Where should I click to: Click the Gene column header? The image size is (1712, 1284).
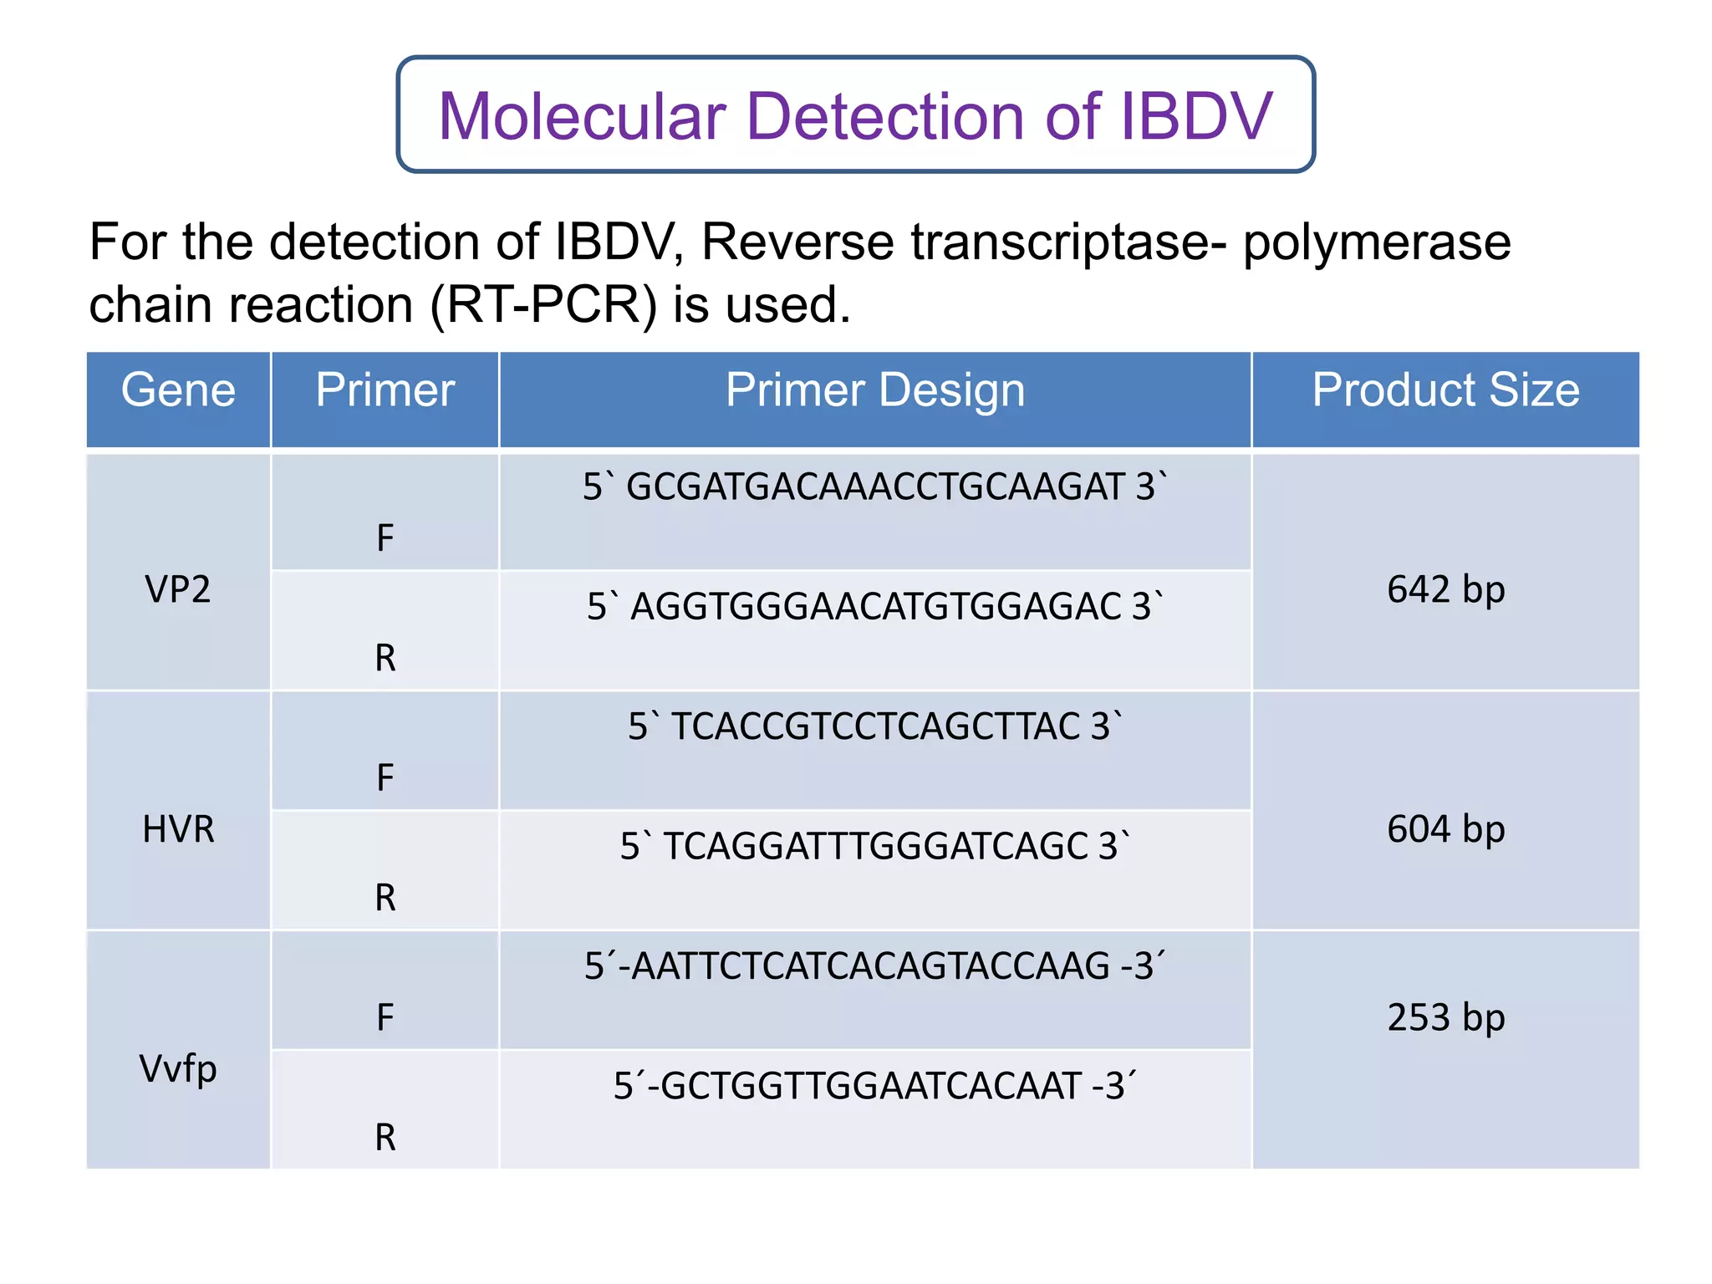[x=178, y=390]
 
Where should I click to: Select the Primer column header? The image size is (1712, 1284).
[x=385, y=390]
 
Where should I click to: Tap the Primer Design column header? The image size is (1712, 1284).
[x=874, y=390]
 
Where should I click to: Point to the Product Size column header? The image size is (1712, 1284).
[x=1445, y=390]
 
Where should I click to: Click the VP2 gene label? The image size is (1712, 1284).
[x=178, y=590]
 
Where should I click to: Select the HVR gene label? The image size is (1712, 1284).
[x=178, y=829]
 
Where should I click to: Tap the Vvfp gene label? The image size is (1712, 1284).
[x=178, y=1069]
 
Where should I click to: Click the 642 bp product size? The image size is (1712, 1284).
[x=1445, y=590]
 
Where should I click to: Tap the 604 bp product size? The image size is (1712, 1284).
[x=1445, y=829]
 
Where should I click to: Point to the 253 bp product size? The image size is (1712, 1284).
[x=1445, y=1018]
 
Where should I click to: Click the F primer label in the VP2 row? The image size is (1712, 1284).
[x=385, y=538]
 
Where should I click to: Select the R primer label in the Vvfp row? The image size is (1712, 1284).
[x=385, y=1138]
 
